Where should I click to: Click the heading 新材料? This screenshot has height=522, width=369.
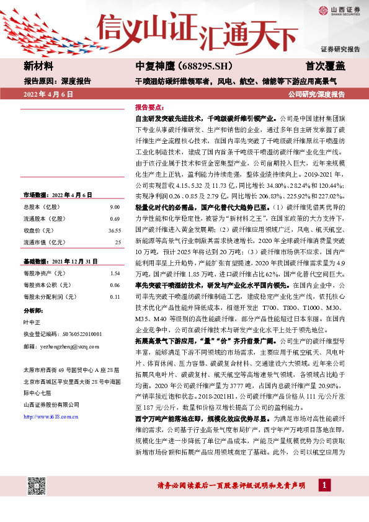point(39,66)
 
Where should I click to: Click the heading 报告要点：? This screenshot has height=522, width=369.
point(149,107)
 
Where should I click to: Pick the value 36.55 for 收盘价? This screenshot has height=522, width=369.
point(114,229)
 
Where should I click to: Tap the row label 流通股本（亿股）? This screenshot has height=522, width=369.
point(48,218)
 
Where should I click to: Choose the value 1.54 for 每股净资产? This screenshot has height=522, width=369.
point(114,273)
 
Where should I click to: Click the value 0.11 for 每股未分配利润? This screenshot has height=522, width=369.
point(114,296)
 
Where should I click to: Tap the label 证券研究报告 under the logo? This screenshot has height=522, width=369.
point(340,48)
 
